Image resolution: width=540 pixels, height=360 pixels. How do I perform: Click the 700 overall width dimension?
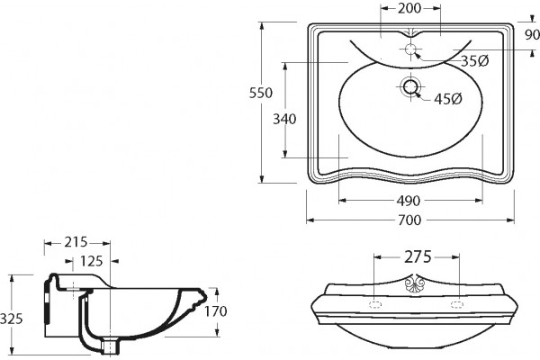point(409,220)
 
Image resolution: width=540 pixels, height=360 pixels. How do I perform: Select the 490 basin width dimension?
point(409,201)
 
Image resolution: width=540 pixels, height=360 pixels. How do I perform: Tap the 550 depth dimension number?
point(261,93)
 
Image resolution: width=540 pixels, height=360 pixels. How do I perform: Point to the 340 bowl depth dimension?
point(284,119)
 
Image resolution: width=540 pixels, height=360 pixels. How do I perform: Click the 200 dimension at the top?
point(409,8)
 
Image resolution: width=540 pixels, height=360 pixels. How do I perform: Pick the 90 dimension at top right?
point(532,34)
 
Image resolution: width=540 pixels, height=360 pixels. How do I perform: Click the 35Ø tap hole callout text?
point(475,61)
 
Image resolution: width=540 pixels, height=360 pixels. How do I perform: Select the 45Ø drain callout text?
point(448,99)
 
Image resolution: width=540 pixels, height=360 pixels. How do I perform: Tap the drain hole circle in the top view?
point(410,86)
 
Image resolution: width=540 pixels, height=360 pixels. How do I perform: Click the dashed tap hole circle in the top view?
point(410,49)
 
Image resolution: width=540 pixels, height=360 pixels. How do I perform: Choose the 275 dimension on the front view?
point(418,256)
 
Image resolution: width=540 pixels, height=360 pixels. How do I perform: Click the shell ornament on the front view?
point(415,283)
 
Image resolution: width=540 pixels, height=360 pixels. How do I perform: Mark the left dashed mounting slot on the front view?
point(375,304)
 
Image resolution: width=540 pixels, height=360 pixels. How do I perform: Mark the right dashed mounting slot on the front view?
point(458,304)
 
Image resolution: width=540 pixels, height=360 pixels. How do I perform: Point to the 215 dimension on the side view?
point(76,242)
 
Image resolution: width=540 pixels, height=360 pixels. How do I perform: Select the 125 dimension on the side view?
point(91,261)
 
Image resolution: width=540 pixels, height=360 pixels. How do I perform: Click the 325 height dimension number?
point(11,319)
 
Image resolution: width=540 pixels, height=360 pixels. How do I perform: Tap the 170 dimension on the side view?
point(216,311)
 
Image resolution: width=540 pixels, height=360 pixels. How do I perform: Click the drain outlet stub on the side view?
point(111,346)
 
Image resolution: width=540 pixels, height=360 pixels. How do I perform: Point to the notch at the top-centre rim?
point(410,32)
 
